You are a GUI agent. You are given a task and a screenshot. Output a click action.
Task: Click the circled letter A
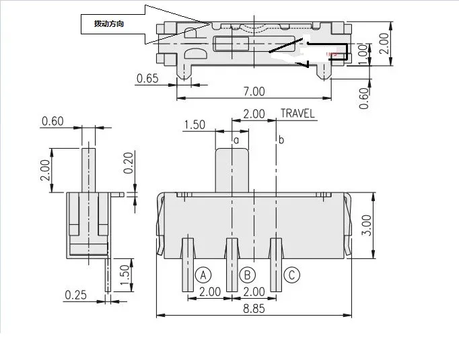(203, 275)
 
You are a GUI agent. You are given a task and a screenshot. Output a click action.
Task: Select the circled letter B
(247, 275)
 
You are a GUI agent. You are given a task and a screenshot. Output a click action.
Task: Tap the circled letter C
(291, 275)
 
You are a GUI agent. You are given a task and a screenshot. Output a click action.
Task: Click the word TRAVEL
(297, 114)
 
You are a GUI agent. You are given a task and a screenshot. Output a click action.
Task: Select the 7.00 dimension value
(254, 91)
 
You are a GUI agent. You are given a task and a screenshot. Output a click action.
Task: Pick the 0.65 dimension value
(147, 79)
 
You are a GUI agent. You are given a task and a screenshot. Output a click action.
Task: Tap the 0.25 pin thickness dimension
(77, 295)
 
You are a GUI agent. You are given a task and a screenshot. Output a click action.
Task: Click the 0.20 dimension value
(129, 162)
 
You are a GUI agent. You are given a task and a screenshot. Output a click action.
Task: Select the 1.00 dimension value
(364, 52)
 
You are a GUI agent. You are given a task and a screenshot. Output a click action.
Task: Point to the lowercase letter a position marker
(236, 139)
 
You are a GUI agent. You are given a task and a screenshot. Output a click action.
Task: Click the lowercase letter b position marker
(281, 139)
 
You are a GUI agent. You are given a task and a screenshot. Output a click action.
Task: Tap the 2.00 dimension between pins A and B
(210, 291)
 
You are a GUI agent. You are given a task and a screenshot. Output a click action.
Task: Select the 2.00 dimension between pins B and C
(254, 291)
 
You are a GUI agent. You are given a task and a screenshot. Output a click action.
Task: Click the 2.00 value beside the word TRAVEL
(254, 114)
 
